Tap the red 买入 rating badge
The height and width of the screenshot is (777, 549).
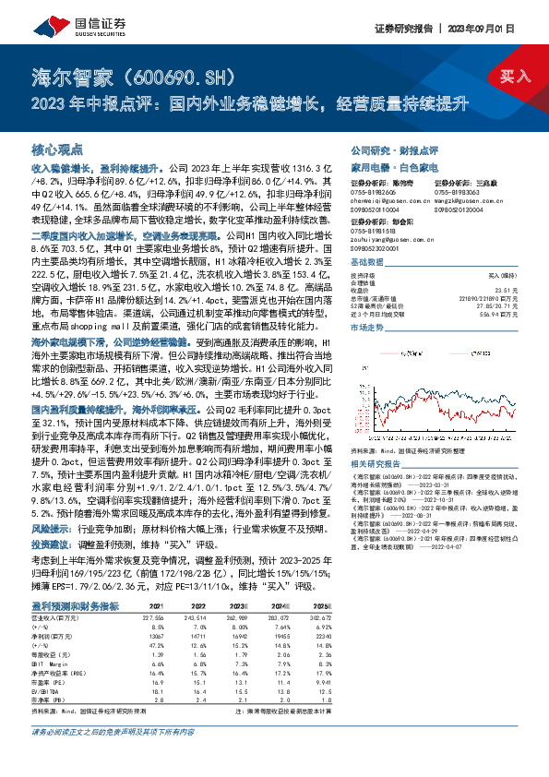[514, 75]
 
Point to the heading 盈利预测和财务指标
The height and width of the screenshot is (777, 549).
[75, 605]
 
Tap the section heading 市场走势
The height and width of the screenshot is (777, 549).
[368, 302]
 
